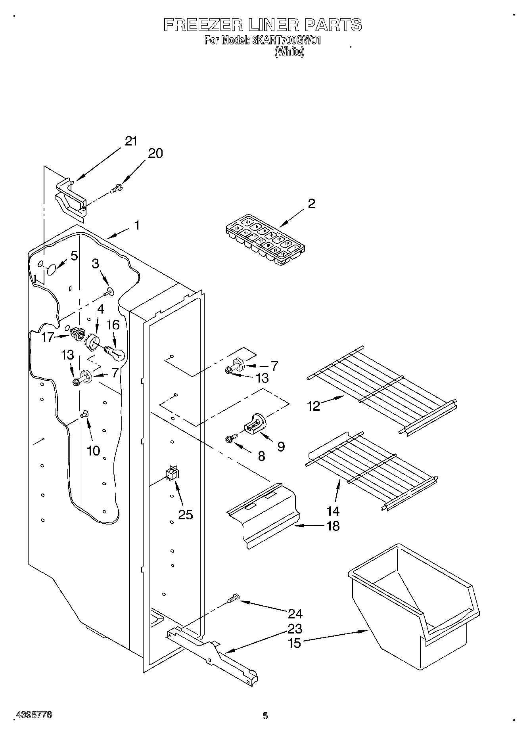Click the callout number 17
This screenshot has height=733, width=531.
48,337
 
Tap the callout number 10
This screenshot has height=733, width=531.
93,451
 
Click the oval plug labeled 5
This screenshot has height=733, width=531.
51,270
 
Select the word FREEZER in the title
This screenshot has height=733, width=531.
203,25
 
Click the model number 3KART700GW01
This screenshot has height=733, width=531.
286,40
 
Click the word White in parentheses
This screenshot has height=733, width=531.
289,52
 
